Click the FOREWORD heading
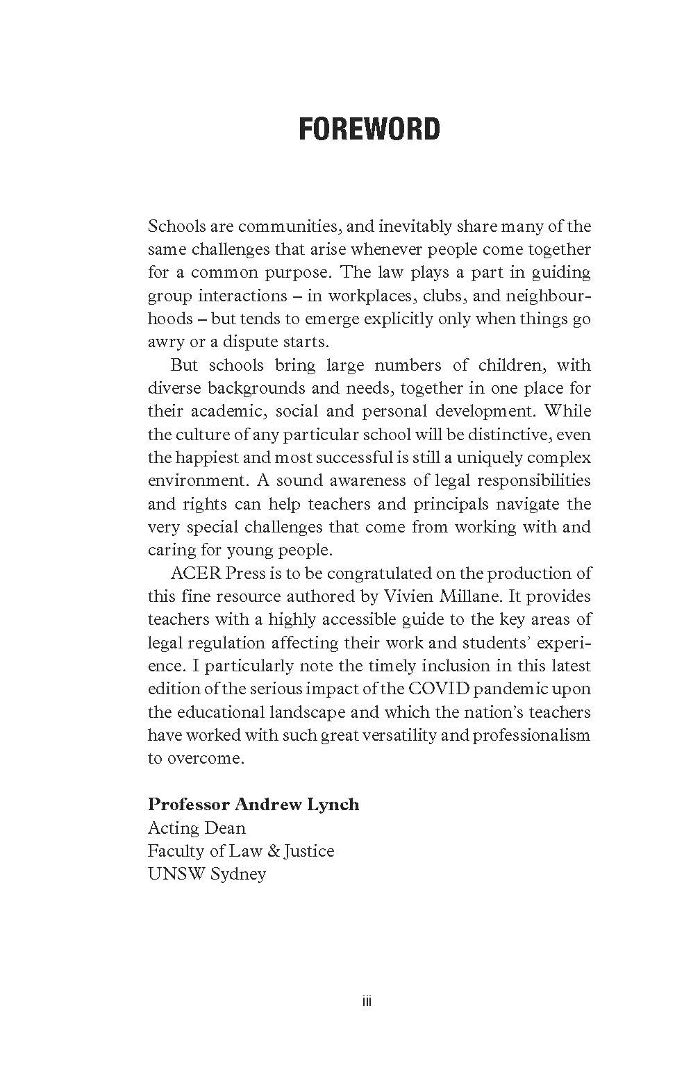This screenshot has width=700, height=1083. (x=369, y=130)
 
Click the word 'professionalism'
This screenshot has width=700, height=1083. (x=532, y=735)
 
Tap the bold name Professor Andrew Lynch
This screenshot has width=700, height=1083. (x=253, y=805)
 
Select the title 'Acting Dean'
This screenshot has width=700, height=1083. (x=197, y=828)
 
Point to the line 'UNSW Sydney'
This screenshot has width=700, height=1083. (x=206, y=874)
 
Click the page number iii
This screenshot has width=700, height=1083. (x=367, y=1000)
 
